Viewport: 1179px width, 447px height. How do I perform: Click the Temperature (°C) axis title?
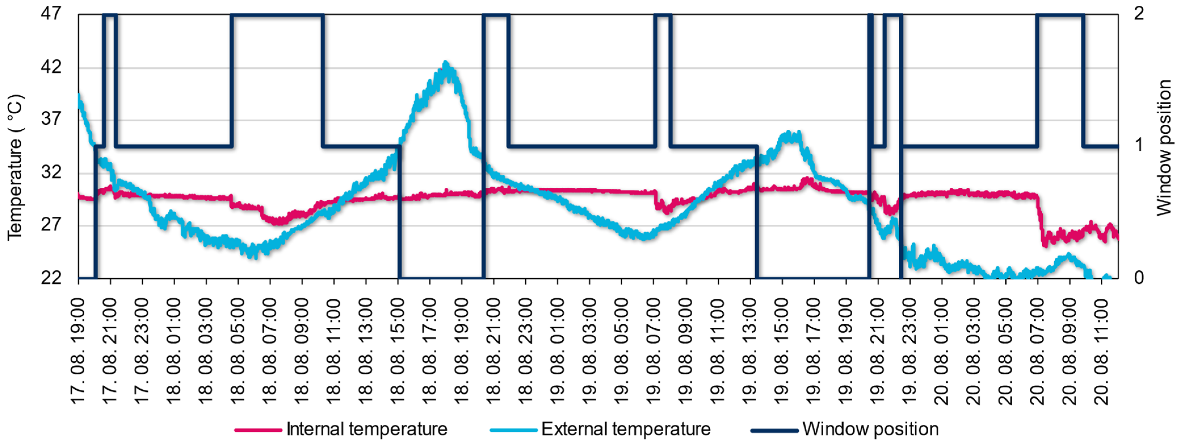15,167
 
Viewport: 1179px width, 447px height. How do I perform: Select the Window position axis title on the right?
1164,147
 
